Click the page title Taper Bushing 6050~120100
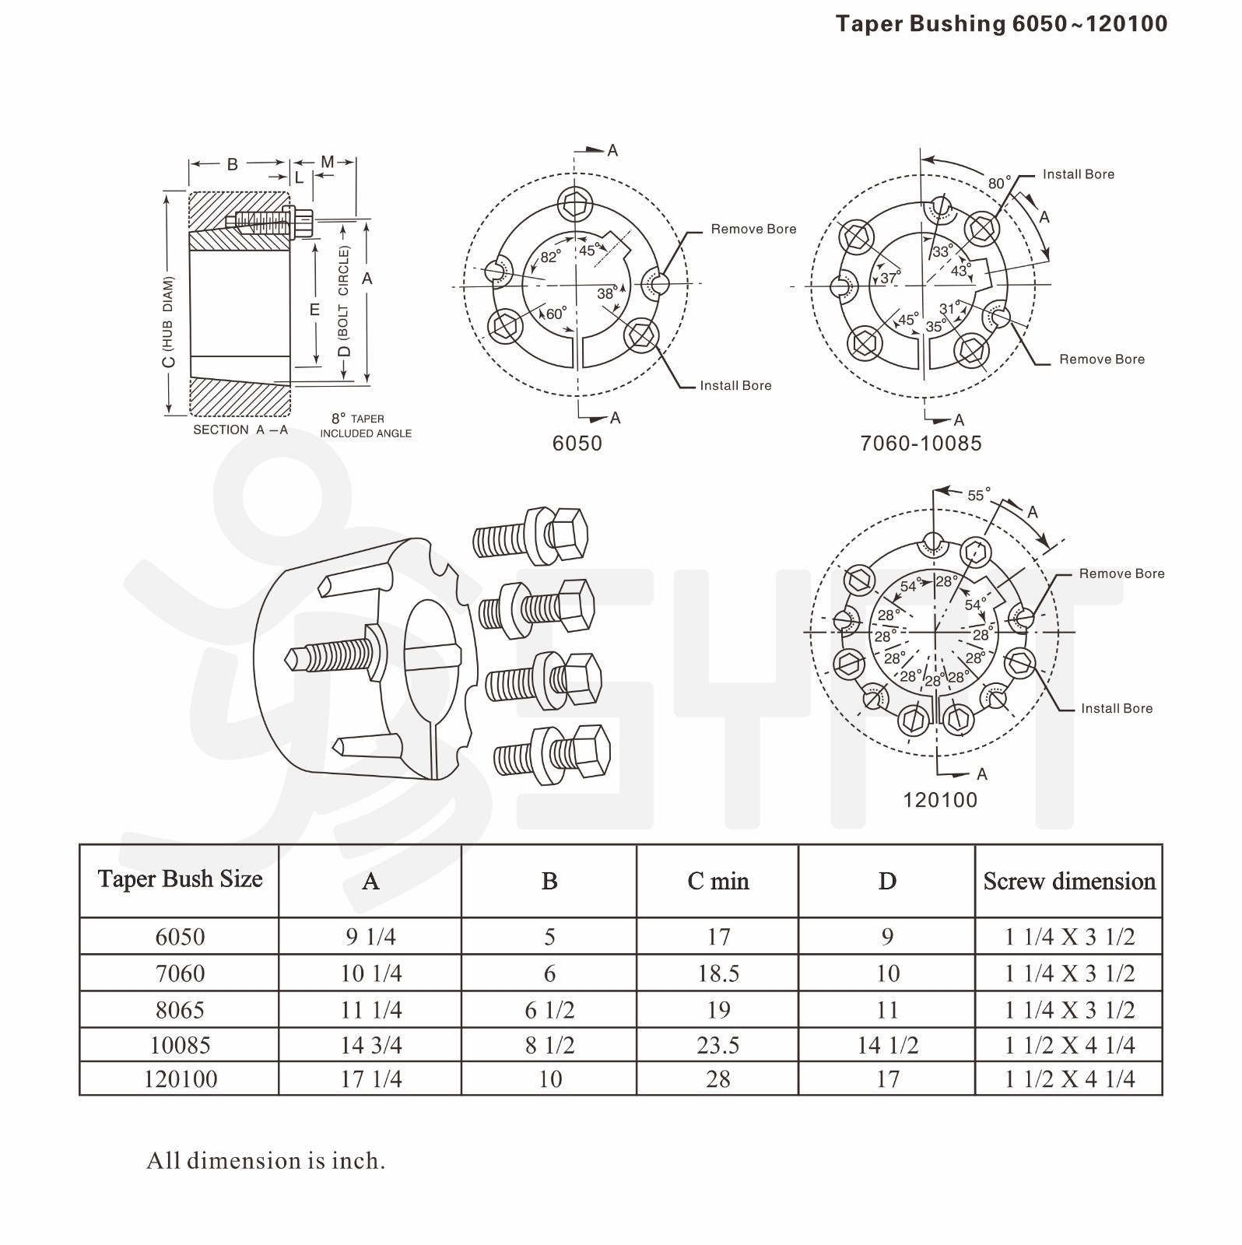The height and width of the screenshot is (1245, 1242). click(x=1001, y=24)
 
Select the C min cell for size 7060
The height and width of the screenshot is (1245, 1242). click(x=717, y=973)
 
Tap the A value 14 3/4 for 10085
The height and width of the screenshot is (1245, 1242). click(x=370, y=1045)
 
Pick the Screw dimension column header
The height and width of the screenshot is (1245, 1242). click(x=1068, y=881)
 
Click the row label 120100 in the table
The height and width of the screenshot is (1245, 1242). click(x=180, y=1079)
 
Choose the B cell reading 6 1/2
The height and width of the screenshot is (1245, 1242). click(x=549, y=1010)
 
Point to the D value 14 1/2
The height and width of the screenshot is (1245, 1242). click(x=887, y=1045)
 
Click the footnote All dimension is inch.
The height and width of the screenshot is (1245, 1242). click(x=265, y=1161)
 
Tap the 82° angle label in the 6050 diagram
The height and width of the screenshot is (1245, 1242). click(x=550, y=258)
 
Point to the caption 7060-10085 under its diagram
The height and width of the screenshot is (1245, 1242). click(x=921, y=444)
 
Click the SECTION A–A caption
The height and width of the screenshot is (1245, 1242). click(x=240, y=430)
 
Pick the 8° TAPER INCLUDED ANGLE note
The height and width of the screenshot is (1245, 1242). click(x=365, y=426)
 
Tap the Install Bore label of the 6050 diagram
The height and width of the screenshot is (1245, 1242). click(x=735, y=385)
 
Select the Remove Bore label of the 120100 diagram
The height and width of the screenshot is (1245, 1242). click(x=1121, y=573)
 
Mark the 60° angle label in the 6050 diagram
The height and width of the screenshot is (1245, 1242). click(x=556, y=314)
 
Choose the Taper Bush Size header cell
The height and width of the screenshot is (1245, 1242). click(x=180, y=879)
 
